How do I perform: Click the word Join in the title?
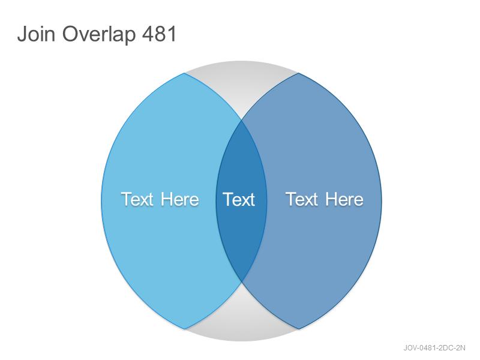[37, 34]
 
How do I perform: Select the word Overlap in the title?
[99, 35]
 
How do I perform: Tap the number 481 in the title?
[160, 34]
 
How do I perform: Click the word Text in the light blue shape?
[137, 199]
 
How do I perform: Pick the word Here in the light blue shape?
[180, 199]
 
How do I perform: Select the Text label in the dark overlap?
[239, 200]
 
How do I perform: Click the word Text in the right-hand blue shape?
[302, 199]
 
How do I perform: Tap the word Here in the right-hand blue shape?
[344, 199]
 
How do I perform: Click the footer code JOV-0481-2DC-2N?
[434, 348]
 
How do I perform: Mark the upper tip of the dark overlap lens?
[242, 121]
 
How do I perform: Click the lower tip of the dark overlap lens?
[242, 281]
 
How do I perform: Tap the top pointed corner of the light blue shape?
[184, 73]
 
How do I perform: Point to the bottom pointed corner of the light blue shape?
[184, 329]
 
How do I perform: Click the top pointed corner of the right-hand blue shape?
[298, 73]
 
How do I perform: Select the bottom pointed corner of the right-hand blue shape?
[299, 329]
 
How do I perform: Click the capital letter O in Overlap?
[71, 34]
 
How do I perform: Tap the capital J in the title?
[22, 34]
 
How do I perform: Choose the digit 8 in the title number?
[160, 34]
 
